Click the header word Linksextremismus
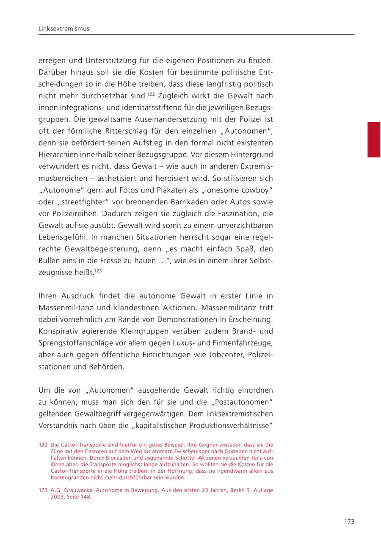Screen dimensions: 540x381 coord(63,29)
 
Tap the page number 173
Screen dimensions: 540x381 coord(349,521)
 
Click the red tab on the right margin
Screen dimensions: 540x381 coord(374,140)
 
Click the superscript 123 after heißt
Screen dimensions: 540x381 coord(98,270)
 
